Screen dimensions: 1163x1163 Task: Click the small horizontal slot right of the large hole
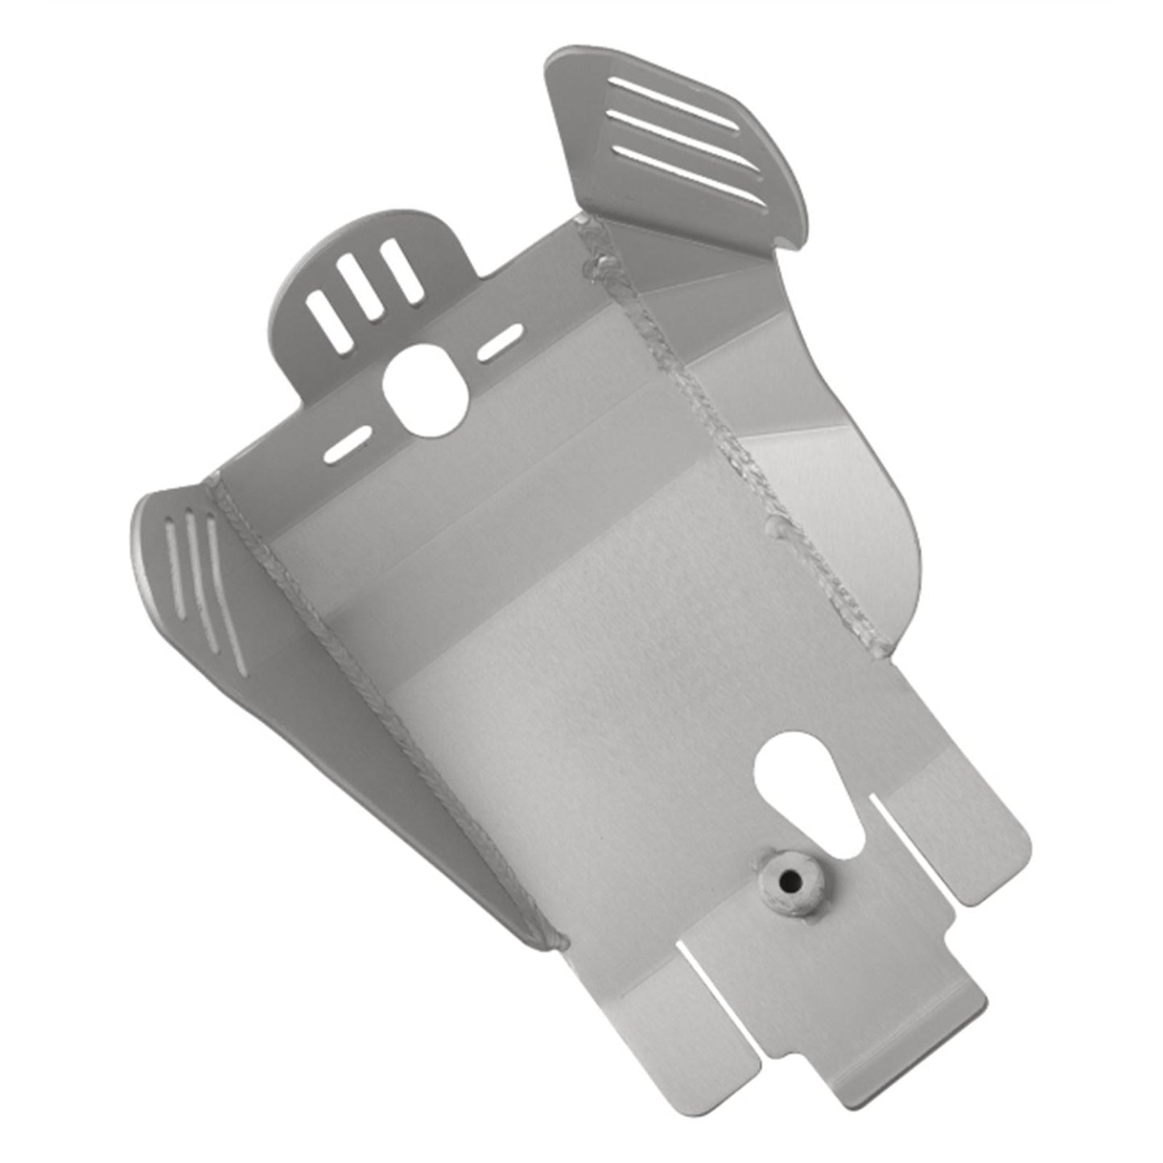(498, 343)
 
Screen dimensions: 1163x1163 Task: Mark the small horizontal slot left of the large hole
(347, 445)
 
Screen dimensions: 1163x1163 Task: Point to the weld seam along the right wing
(724, 419)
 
